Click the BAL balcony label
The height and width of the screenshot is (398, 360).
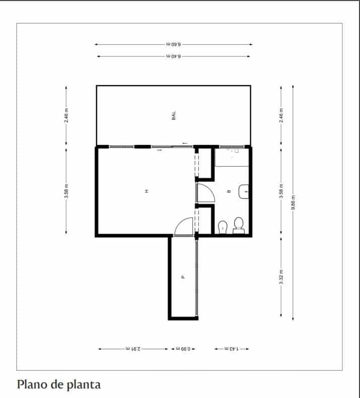point(174,116)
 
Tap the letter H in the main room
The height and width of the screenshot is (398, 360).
point(147,191)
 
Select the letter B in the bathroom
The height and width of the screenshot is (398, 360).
point(229,191)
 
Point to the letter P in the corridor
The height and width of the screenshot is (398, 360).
point(183,277)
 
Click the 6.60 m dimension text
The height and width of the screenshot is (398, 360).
point(174,44)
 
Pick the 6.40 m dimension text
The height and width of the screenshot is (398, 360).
point(174,56)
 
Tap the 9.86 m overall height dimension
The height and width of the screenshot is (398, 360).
point(293,202)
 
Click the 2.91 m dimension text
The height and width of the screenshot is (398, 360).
point(133,349)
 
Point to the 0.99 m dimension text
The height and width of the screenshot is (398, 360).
point(183,349)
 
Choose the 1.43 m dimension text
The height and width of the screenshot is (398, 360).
point(232,349)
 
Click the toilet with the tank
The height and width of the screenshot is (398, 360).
point(239,225)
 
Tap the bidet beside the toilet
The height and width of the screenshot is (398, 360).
point(223,227)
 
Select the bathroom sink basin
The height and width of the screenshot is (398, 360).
point(244,192)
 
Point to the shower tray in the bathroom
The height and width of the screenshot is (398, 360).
point(232,157)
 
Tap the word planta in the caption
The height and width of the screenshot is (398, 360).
point(84,385)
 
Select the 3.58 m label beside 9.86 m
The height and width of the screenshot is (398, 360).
point(281,191)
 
